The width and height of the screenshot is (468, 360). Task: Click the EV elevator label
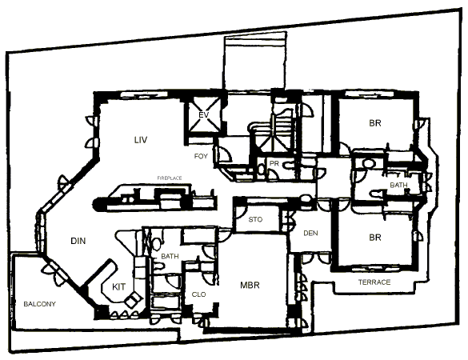(x=203, y=115)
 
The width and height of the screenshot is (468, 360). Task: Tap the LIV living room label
(x=141, y=140)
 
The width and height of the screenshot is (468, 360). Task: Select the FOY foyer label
(x=201, y=156)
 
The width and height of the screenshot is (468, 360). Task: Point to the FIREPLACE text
(x=170, y=178)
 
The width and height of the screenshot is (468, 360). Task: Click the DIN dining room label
(x=78, y=241)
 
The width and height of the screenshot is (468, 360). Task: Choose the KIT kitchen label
(x=118, y=287)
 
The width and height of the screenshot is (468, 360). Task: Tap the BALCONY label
(x=40, y=304)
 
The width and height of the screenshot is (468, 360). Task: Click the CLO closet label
(x=198, y=294)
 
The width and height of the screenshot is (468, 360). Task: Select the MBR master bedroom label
(x=250, y=285)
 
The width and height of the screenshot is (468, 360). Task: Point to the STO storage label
(x=255, y=219)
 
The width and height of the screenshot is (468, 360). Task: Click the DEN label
(x=310, y=233)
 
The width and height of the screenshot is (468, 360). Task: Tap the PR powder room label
(x=274, y=163)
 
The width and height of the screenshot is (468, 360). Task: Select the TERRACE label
(x=374, y=282)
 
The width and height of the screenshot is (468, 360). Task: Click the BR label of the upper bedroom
(x=375, y=123)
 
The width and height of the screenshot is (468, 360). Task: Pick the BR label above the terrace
(x=375, y=238)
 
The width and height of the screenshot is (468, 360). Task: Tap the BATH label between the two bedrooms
(x=398, y=185)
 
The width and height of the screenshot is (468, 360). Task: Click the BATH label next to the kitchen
(x=170, y=256)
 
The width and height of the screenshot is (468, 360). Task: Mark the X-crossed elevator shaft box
(x=204, y=115)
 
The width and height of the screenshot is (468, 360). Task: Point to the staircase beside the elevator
(x=272, y=131)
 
